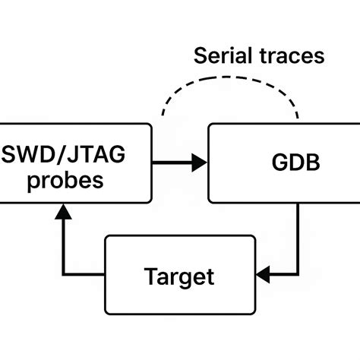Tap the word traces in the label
point(291,55)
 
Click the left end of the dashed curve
point(162,116)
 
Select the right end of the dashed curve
point(298,118)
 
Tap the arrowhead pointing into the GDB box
point(200,162)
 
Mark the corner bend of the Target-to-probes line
point(64,273)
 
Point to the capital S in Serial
point(201,55)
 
